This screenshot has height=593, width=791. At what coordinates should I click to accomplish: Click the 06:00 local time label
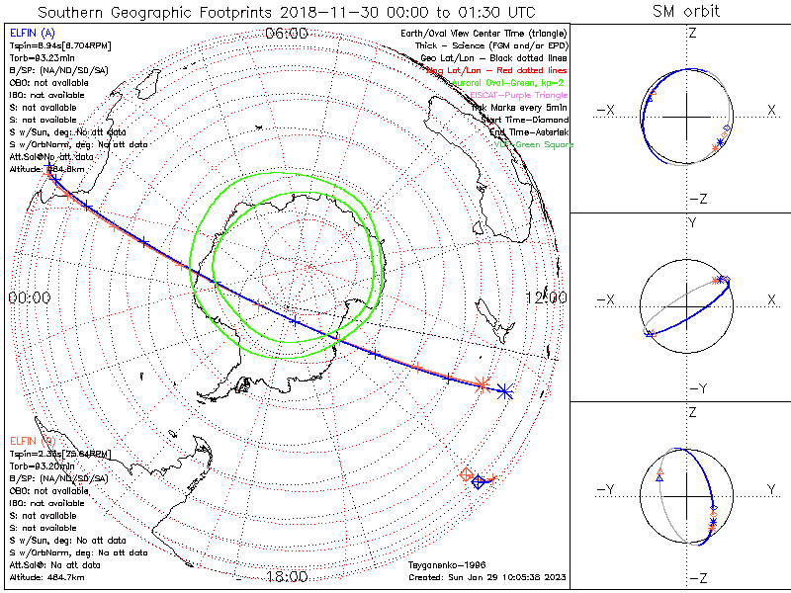pos(287,34)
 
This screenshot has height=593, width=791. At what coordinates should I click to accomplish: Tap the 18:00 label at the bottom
pos(287,577)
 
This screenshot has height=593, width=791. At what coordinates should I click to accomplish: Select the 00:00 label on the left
pos(28,297)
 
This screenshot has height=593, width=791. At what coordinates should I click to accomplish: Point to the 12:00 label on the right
pos(545,297)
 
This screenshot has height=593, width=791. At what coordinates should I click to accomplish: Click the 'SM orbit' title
pos(685,12)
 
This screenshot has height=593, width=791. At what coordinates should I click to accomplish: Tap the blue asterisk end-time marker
pos(505,391)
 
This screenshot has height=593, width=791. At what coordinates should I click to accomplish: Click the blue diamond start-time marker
pos(479,482)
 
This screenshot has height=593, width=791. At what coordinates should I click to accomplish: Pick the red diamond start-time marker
pos(467,475)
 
